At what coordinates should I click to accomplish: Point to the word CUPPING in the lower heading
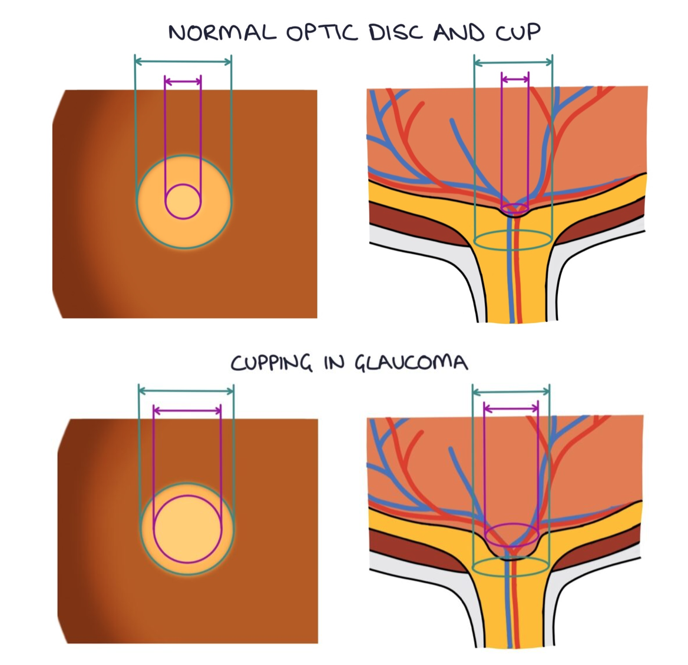pos(271,363)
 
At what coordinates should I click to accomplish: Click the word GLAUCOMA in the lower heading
pos(411,363)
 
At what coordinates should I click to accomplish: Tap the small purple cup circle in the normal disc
pos(183,201)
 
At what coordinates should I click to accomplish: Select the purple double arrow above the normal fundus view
pos(183,81)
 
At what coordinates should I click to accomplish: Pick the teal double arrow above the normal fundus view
pos(183,61)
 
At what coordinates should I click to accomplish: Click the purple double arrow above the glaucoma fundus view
pos(187,410)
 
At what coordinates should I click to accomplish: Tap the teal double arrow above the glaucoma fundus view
pos(186,390)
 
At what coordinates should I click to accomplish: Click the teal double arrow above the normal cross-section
pos(513,62)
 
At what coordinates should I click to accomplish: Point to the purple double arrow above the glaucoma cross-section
pos(511,407)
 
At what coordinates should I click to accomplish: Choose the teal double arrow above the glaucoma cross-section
pos(511,391)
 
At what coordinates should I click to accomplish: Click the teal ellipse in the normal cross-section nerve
pos(513,240)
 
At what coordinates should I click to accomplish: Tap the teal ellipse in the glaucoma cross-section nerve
pos(511,567)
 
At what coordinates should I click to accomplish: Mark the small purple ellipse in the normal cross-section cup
pos(515,208)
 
